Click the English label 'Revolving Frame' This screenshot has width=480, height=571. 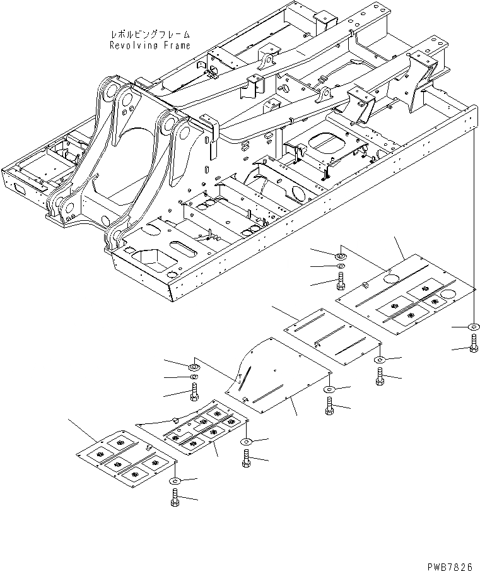point(149,45)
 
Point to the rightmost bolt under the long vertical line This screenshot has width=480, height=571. point(472,344)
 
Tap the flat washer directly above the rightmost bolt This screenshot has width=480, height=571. point(472,327)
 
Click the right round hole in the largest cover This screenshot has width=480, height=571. point(449,295)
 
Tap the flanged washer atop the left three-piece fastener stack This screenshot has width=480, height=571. point(194,365)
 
